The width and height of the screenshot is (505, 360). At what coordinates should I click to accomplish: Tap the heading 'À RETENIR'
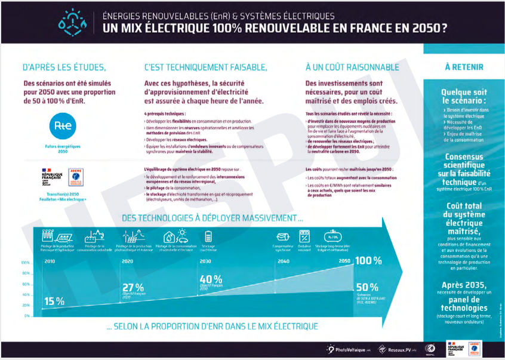[464, 67]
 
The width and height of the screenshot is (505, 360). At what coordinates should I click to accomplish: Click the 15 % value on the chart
[54, 300]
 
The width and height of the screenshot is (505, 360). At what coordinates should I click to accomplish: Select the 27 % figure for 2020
[133, 287]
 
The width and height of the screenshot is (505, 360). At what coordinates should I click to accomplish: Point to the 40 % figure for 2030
[211, 279]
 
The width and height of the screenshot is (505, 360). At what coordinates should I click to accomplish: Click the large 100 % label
[368, 261]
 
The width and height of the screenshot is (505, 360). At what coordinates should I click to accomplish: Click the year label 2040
[284, 261]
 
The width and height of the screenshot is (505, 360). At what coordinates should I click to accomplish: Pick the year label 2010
[50, 261]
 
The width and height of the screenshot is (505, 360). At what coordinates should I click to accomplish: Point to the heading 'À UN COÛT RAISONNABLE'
[352, 67]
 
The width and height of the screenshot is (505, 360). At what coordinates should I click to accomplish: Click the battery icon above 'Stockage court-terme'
[207, 235]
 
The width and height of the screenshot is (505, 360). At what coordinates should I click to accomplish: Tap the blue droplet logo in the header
[72, 22]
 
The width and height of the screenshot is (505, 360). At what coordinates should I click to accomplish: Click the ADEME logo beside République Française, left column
[76, 177]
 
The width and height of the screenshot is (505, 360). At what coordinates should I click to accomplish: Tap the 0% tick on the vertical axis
[27, 316]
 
